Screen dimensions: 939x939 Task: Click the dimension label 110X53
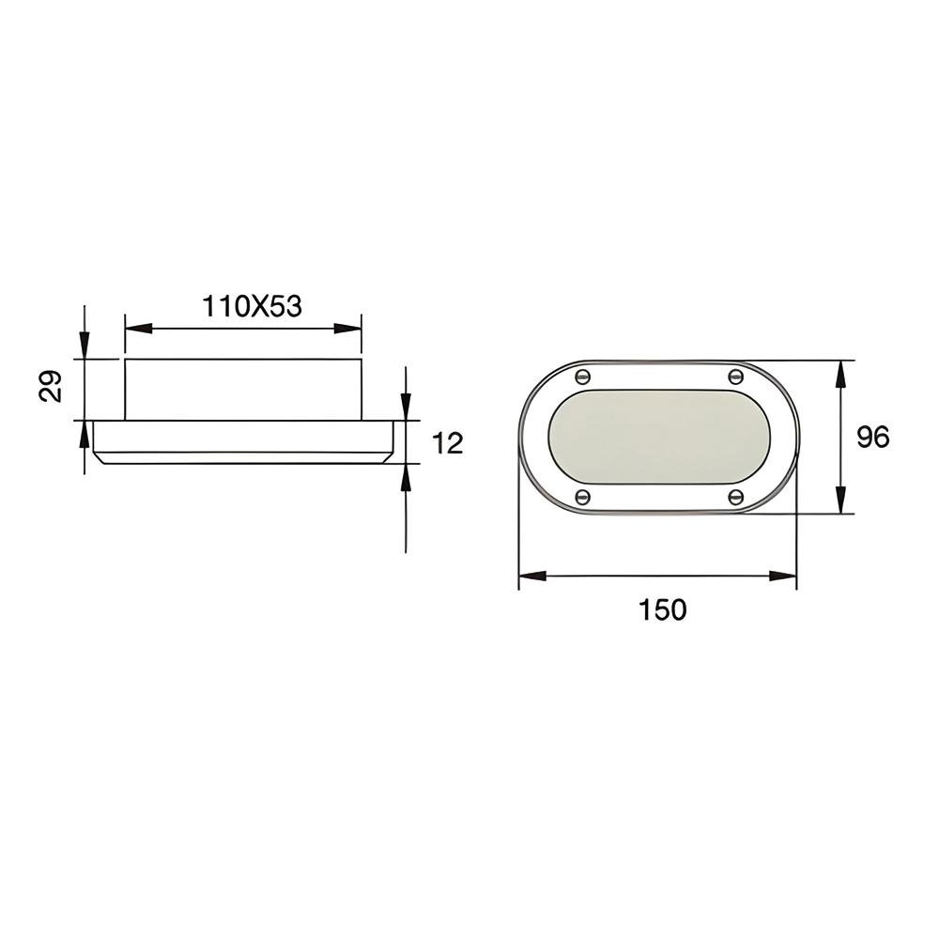(x=252, y=306)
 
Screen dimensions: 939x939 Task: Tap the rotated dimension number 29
(x=51, y=386)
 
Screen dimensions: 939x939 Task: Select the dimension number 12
(x=447, y=443)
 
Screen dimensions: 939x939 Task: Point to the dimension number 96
(x=872, y=437)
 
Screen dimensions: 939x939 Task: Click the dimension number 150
(x=662, y=609)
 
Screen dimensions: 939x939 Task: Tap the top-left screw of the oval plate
(x=582, y=377)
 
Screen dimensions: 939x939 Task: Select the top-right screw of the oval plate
(x=735, y=377)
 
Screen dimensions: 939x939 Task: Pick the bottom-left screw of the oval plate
(x=582, y=497)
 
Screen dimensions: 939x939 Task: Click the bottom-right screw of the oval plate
(x=736, y=497)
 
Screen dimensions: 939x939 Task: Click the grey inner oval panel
(x=659, y=437)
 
